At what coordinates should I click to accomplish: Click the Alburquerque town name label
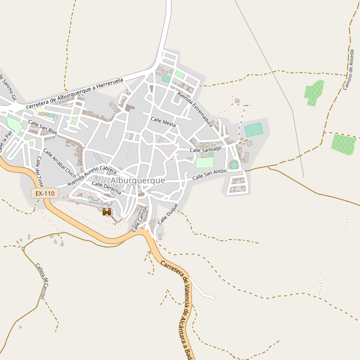pyautogui.click(x=138, y=180)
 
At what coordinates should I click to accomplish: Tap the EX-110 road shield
pyautogui.click(x=44, y=193)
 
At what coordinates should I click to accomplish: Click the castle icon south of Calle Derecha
pyautogui.click(x=107, y=212)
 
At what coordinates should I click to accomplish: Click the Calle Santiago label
pyautogui.click(x=206, y=148)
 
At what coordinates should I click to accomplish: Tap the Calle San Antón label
pyautogui.click(x=209, y=175)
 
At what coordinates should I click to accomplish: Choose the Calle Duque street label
pyautogui.click(x=169, y=214)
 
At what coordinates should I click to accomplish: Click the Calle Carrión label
pyautogui.click(x=140, y=218)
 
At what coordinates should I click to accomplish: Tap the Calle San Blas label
pyautogui.click(x=43, y=127)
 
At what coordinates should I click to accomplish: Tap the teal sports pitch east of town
pyautogui.click(x=254, y=130)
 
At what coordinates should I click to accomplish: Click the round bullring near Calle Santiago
pyautogui.click(x=234, y=164)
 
